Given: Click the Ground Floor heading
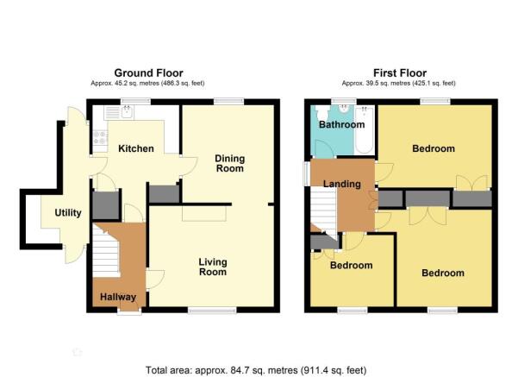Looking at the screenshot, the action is [x=148, y=72].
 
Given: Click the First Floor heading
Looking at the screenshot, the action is [x=400, y=72].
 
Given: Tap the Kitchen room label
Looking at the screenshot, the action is [x=136, y=148].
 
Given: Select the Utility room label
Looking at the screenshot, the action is [x=68, y=212].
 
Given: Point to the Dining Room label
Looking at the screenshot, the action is [x=230, y=163].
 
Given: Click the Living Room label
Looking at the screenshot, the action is [x=213, y=267].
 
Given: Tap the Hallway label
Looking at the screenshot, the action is [x=118, y=297].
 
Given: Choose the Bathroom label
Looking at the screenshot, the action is [x=342, y=125].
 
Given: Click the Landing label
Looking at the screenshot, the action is [x=342, y=184].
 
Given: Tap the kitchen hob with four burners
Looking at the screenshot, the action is [x=100, y=138].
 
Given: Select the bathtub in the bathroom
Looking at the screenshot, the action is [x=365, y=129].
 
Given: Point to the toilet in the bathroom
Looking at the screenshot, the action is [x=321, y=113].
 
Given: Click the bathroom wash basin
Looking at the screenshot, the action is [x=345, y=109].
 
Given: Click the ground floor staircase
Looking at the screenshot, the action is [x=106, y=250].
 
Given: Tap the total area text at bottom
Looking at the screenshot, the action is [x=256, y=370].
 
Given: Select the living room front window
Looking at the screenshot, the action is [x=212, y=310].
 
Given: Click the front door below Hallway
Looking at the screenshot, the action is [x=129, y=311].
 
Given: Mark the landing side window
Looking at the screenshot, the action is [x=307, y=173].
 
